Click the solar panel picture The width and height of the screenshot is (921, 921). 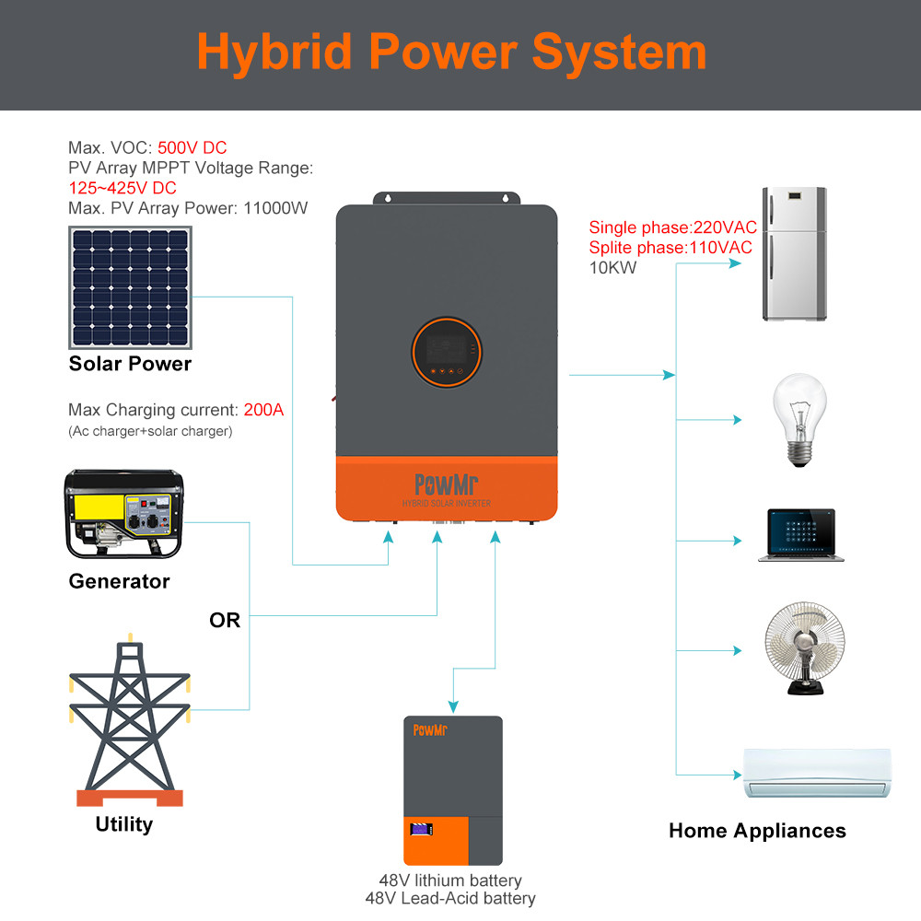tap(130, 287)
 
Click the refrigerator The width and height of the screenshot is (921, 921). tap(794, 254)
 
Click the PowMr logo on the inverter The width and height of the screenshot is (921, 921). tap(447, 484)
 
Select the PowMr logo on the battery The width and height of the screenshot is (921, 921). tap(429, 730)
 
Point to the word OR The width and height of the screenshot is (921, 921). tap(225, 621)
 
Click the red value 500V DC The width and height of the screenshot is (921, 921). tap(192, 147)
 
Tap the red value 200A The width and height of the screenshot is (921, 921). tap(263, 410)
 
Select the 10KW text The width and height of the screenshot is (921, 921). tap(612, 268)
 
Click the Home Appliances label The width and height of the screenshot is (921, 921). tap(757, 831)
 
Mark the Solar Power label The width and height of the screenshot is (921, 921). tap(130, 364)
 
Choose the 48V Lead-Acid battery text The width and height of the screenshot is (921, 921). tap(450, 898)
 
